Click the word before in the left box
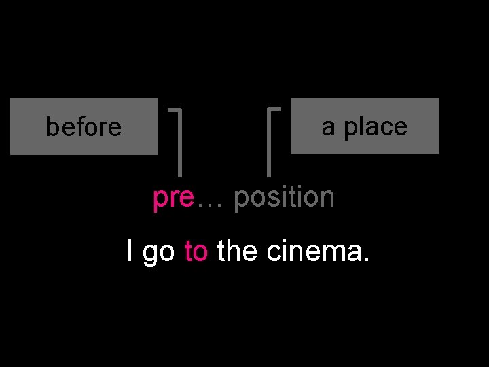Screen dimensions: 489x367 click(x=84, y=127)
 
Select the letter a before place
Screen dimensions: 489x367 click(x=328, y=126)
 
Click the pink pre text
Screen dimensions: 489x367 click(x=173, y=198)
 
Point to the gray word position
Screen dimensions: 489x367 click(x=284, y=198)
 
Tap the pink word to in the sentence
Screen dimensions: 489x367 click(x=196, y=251)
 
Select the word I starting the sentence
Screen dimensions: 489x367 click(x=130, y=251)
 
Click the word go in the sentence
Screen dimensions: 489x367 click(x=160, y=253)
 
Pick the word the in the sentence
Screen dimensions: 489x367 click(x=238, y=251)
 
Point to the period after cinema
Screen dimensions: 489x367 click(x=367, y=260)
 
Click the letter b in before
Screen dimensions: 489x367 click(x=50, y=126)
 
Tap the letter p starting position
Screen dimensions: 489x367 click(x=240, y=199)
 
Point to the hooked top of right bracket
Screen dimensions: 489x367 click(x=276, y=108)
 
